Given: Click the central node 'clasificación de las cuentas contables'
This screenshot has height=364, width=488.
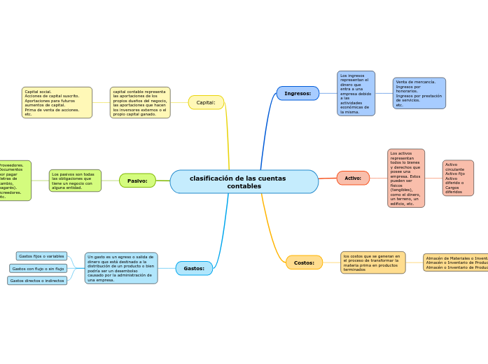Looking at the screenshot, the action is pyautogui.click(x=244, y=182).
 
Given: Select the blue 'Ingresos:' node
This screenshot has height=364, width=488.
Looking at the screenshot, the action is pyautogui.click(x=298, y=93).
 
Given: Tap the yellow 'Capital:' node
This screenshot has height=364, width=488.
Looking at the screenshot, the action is pyautogui.click(x=206, y=102).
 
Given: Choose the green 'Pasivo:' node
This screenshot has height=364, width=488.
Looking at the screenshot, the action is pyautogui.click(x=137, y=181).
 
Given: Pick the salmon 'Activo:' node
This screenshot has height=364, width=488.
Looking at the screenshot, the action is pyautogui.click(x=353, y=178).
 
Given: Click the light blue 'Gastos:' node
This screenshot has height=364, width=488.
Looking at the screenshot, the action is pyautogui.click(x=194, y=268).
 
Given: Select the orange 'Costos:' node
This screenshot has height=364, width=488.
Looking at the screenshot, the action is pyautogui.click(x=304, y=262).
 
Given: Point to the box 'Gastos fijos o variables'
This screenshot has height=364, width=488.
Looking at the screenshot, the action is pyautogui.click(x=41, y=256).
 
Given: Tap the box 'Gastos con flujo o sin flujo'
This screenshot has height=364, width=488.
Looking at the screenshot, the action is pyautogui.click(x=39, y=268).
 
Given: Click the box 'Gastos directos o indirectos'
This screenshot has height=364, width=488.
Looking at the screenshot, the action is pyautogui.click(x=37, y=281).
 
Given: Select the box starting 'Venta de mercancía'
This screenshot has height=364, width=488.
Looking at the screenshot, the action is pyautogui.click(x=419, y=93).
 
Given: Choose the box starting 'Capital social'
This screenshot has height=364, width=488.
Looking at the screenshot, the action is pyautogui.click(x=57, y=102).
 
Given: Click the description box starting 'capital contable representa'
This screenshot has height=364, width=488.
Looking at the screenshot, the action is pyautogui.click(x=140, y=102).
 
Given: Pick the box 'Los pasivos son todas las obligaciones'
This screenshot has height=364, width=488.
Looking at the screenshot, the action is pyautogui.click(x=75, y=181).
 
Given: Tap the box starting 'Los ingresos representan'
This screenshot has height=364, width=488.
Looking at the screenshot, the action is pyautogui.click(x=356, y=93).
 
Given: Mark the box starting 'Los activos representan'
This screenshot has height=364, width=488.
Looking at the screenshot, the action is pyautogui.click(x=406, y=178).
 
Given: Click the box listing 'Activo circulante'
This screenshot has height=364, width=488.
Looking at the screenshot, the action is pyautogui.click(x=458, y=178).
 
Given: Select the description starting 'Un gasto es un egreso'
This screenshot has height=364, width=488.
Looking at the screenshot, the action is pyautogui.click(x=121, y=268).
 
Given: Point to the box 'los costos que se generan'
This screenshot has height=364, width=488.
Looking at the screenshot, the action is pyautogui.click(x=372, y=262).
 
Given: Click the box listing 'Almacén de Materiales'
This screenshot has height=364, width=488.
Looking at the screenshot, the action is pyautogui.click(x=456, y=262).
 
